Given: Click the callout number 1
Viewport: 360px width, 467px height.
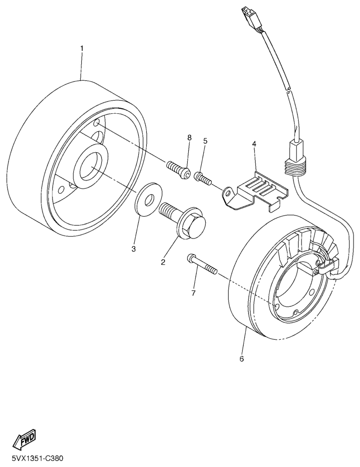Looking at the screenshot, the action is tap(82, 48).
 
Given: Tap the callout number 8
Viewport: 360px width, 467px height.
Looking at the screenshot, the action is tap(189, 137).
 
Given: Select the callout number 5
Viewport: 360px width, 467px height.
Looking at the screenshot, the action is tap(205, 141).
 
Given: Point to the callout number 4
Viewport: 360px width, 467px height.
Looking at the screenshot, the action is tap(254, 144).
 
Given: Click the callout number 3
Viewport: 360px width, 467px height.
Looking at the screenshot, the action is tap(133, 248).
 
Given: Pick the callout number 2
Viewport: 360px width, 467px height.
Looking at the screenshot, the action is tap(163, 262).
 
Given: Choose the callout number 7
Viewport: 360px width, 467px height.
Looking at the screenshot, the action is tap(193, 293).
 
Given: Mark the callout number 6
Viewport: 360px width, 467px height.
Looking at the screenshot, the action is tap(241, 359).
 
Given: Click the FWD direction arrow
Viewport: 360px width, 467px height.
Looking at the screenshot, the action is tap(24, 439).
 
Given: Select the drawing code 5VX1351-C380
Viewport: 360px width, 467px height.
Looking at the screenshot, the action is tap(37, 458).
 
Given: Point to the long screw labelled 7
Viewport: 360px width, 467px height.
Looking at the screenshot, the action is tap(202, 263).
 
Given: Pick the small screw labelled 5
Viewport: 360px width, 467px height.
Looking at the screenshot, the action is tap(203, 178).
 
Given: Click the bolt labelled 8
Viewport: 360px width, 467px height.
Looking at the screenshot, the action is tap(178, 170).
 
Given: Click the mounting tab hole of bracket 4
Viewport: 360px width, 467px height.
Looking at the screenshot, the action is tap(228, 194).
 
